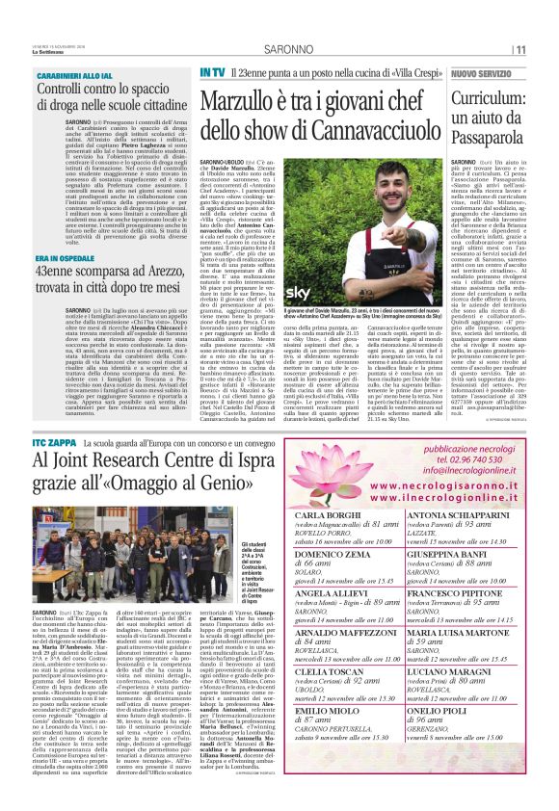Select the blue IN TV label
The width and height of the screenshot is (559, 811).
pyautogui.click(x=213, y=73)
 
